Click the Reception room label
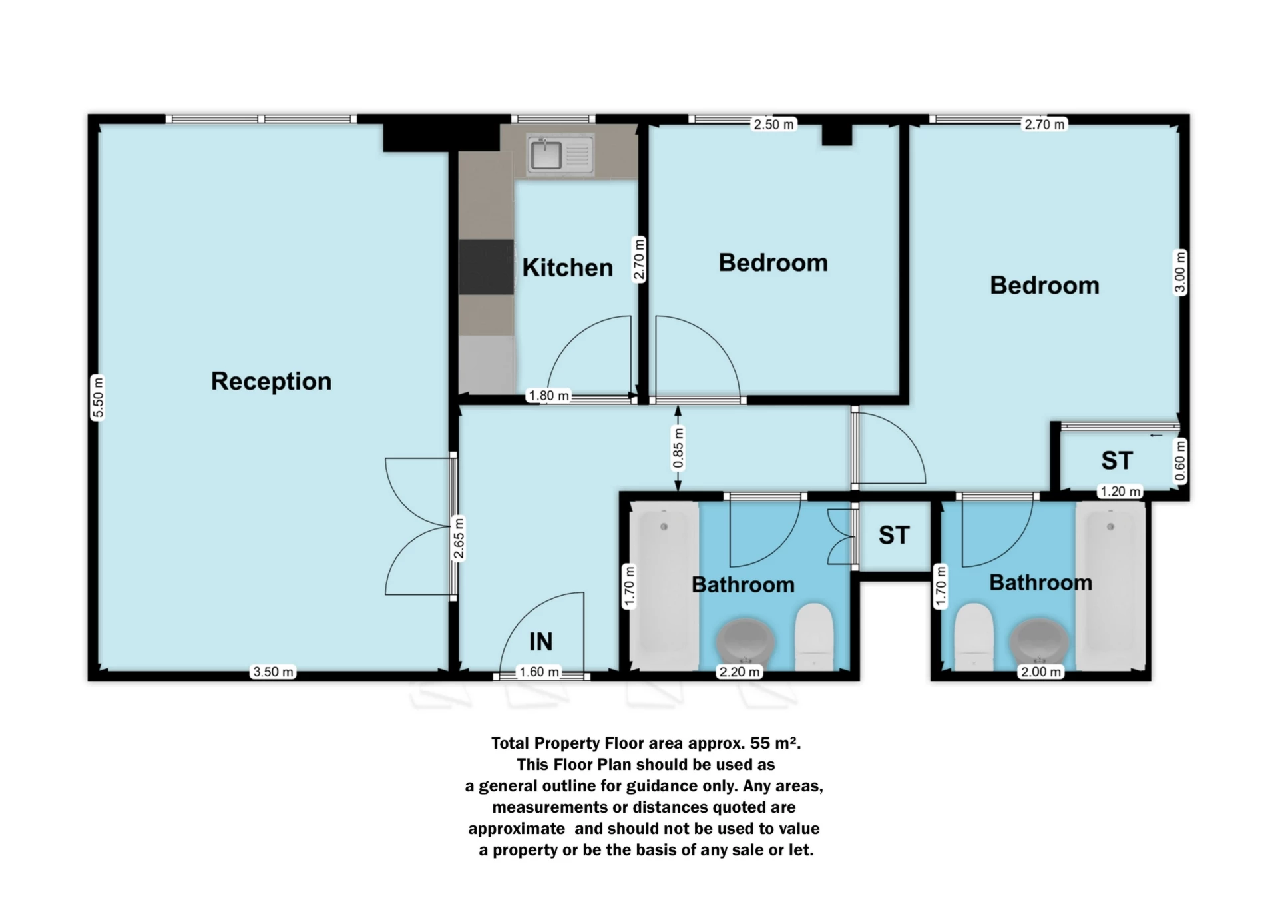click(x=271, y=381)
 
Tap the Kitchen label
click(x=567, y=268)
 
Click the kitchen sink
click(x=546, y=155)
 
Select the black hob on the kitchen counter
click(x=486, y=266)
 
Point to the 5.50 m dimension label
click(x=98, y=398)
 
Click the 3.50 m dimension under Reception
click(x=273, y=672)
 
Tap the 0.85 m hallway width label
click(x=678, y=448)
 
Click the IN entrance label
click(x=540, y=642)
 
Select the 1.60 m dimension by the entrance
click(x=539, y=672)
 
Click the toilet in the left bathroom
click(x=814, y=634)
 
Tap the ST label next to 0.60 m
click(x=1116, y=460)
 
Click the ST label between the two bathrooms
click(x=893, y=535)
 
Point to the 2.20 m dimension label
click(x=739, y=672)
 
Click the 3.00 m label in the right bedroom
click(x=1179, y=272)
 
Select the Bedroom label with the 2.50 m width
click(x=773, y=262)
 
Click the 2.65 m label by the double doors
click(x=459, y=538)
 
